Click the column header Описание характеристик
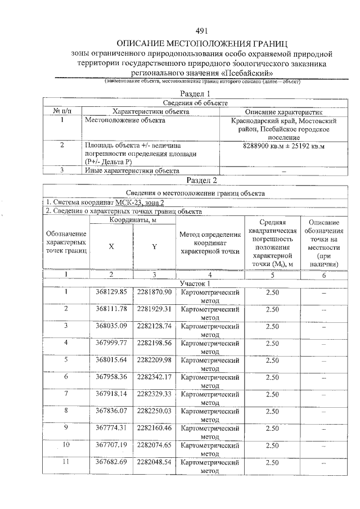click(283, 111)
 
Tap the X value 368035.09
click(111, 326)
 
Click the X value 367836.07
click(111, 411)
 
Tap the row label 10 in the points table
click(66, 444)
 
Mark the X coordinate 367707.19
click(111, 444)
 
